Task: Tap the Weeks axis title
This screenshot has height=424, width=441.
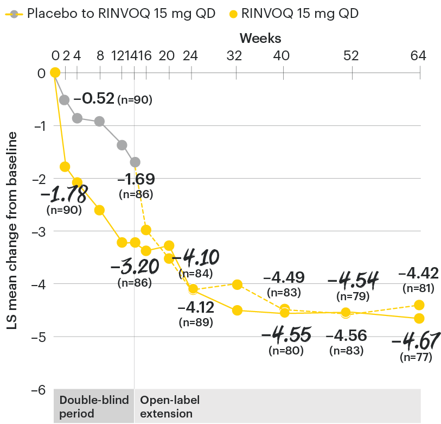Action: point(260,38)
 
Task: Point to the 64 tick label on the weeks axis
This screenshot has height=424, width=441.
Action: point(419,55)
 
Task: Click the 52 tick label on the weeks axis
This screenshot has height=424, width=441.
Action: point(352,55)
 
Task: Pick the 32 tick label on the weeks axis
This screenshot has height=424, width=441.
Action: point(237,55)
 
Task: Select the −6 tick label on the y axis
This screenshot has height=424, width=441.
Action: point(38,390)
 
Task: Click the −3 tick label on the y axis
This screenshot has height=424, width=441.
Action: point(38,231)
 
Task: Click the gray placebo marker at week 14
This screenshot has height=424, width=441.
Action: point(135,162)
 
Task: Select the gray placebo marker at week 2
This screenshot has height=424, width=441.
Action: point(65,100)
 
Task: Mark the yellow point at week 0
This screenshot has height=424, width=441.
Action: point(54,73)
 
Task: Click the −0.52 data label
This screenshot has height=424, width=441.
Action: point(94,99)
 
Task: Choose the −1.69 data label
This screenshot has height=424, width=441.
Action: point(136,179)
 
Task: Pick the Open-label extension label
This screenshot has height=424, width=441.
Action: point(170,407)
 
